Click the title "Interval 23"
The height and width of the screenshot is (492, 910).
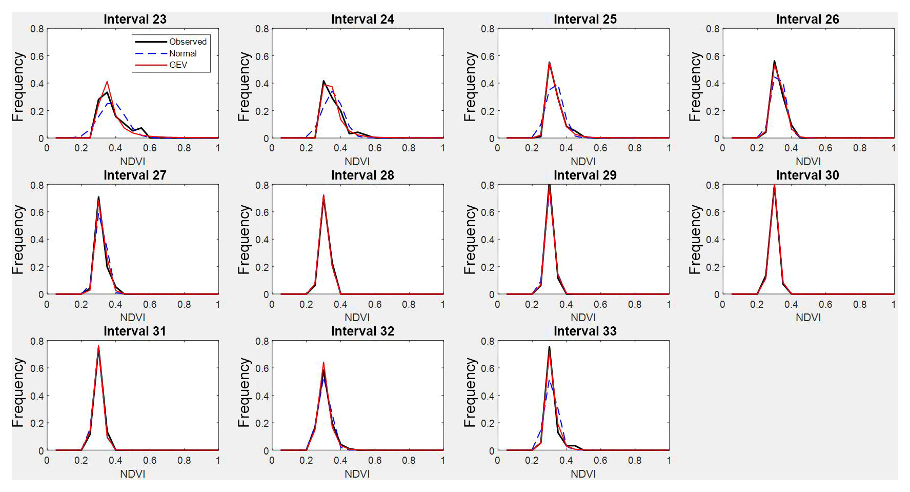click(135, 19)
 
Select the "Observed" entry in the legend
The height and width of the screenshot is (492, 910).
click(188, 42)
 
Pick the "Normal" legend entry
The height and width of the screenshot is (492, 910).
click(183, 53)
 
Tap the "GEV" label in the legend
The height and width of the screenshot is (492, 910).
click(178, 65)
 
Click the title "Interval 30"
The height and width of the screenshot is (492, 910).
click(807, 175)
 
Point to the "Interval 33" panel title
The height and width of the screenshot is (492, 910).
click(585, 331)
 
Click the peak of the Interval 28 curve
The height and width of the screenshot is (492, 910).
click(323, 195)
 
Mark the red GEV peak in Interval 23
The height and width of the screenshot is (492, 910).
click(107, 82)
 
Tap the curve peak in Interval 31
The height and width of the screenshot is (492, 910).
click(98, 346)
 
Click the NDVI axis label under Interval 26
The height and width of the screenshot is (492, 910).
click(808, 162)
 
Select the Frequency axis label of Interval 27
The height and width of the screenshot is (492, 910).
click(18, 240)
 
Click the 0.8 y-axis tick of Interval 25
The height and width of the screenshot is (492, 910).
click(488, 29)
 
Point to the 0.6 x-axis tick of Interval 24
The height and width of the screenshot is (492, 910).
click(375, 148)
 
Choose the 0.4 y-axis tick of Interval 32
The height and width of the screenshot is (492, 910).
click(262, 396)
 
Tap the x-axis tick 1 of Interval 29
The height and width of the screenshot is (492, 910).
click(669, 304)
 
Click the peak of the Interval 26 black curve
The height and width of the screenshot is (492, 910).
click(774, 61)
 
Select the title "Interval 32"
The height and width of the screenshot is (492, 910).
click(362, 331)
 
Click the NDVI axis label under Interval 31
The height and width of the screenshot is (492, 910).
click(132, 474)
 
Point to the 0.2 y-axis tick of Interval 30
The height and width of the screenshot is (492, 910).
click(713, 267)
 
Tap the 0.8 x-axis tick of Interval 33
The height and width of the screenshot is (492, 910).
click(635, 460)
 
